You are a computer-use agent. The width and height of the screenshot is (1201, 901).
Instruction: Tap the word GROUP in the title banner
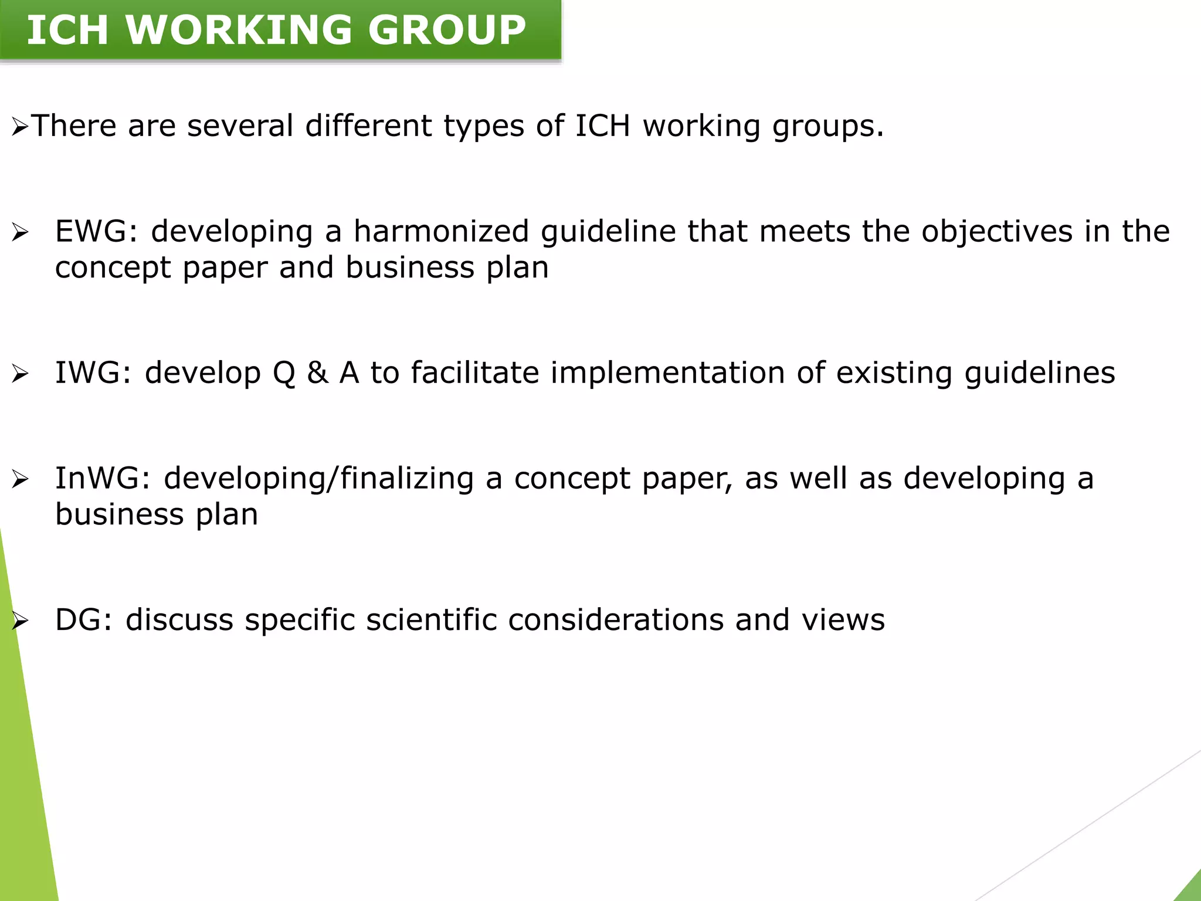(447, 30)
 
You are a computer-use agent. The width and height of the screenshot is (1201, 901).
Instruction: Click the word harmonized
(442, 231)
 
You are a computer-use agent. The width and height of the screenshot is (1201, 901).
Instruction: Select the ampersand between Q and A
(317, 373)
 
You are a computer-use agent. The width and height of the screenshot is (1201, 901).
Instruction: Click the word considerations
(616, 620)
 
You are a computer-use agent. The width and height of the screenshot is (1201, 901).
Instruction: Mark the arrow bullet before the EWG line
(20, 233)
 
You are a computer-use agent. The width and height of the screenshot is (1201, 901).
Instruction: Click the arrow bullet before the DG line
(20, 621)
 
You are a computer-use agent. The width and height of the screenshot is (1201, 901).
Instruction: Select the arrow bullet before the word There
(20, 127)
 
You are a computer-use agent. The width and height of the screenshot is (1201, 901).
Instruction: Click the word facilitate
(474, 373)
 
